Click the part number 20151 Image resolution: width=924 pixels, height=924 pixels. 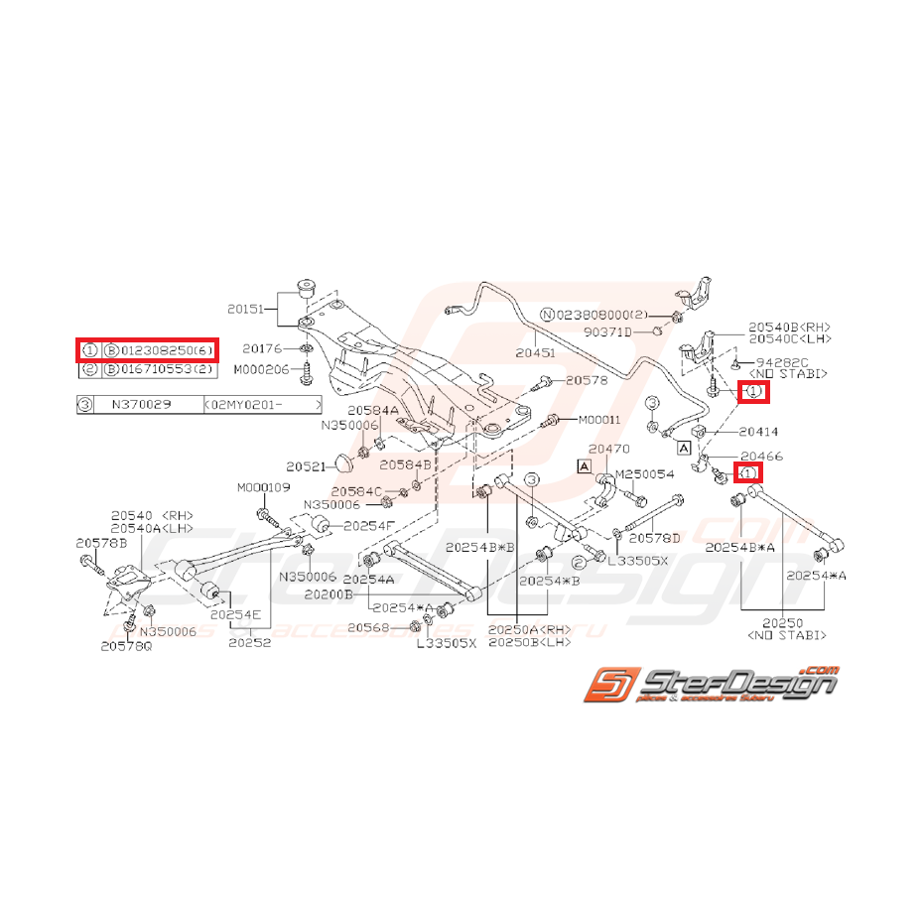(246, 310)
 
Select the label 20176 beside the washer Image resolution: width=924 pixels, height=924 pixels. (261, 348)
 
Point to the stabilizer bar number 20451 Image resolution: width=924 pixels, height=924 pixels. (536, 350)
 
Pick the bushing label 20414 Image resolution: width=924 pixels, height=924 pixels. (758, 432)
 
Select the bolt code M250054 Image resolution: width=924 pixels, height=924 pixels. (645, 474)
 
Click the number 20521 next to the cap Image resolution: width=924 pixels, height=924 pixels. (306, 466)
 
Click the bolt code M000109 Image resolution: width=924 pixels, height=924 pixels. (262, 487)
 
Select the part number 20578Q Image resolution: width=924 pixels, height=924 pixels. (126, 646)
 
